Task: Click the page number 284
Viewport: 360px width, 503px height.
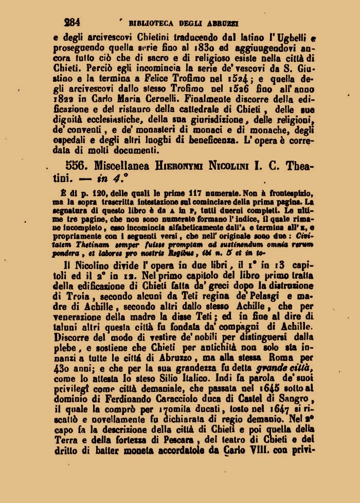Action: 72,23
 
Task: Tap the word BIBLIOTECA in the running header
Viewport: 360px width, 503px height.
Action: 152,23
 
